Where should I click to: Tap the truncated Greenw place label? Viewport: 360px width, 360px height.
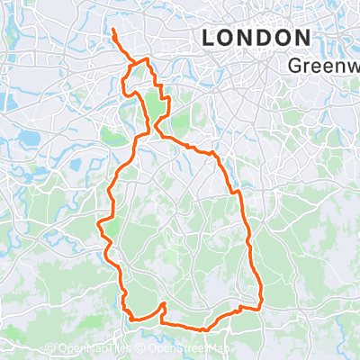[x=325, y=66]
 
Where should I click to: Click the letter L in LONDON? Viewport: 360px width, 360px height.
[x=209, y=38]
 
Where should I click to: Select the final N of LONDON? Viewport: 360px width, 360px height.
[x=301, y=38]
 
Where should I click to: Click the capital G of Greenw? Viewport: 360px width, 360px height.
[x=297, y=66]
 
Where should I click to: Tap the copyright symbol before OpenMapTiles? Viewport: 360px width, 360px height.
[x=51, y=348]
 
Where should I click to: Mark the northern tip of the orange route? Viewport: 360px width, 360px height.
[x=113, y=32]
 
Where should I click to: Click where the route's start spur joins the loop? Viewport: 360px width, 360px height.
[x=134, y=63]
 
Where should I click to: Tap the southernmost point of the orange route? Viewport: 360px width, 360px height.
[x=205, y=329]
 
